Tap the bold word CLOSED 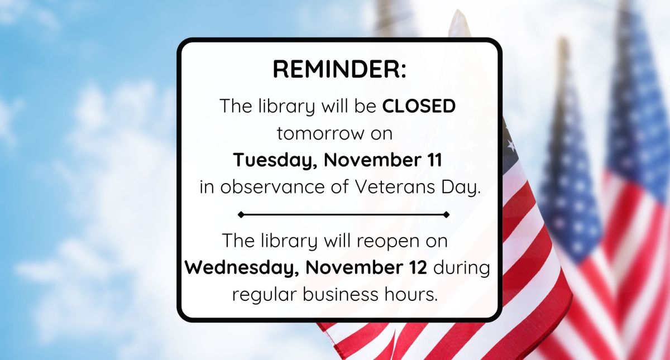pyautogui.click(x=419, y=106)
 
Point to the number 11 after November pyautogui.click(x=430, y=160)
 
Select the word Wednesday pyautogui.click(x=241, y=267)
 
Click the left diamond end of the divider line pyautogui.click(x=241, y=214)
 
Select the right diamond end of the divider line pyautogui.click(x=446, y=214)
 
